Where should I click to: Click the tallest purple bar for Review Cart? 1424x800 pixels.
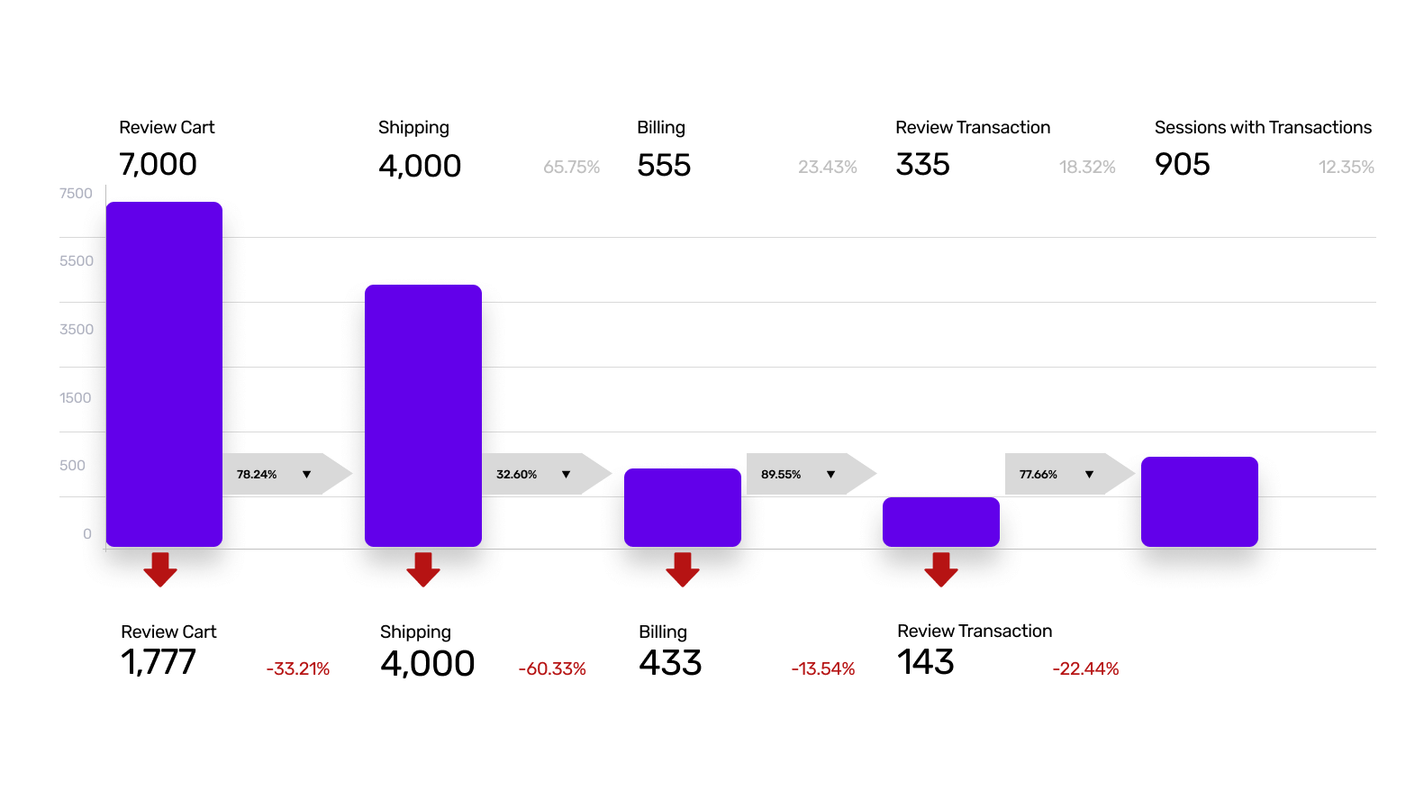pyautogui.click(x=164, y=374)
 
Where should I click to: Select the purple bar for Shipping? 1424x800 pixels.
pyautogui.click(x=423, y=415)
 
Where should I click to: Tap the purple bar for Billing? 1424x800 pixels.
pyautogui.click(x=682, y=507)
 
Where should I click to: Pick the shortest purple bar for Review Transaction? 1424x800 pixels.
pyautogui.click(x=940, y=522)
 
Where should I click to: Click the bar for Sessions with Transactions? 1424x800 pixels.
pyautogui.click(x=1199, y=502)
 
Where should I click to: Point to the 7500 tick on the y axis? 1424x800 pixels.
pyautogui.click(x=76, y=194)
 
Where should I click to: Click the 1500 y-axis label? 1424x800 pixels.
pyautogui.click(x=76, y=398)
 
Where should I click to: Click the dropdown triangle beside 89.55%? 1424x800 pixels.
pyautogui.click(x=830, y=474)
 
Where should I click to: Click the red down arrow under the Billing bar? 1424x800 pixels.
pyautogui.click(x=682, y=569)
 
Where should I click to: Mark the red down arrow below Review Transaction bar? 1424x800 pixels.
pyautogui.click(x=940, y=569)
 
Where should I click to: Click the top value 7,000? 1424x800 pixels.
pyautogui.click(x=158, y=165)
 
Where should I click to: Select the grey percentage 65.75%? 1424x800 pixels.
pyautogui.click(x=571, y=168)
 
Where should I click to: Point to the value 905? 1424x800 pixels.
pyautogui.click(x=1182, y=165)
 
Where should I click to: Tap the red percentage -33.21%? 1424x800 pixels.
pyautogui.click(x=297, y=669)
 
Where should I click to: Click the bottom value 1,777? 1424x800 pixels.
pyautogui.click(x=158, y=663)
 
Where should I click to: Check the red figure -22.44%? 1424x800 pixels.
pyautogui.click(x=1084, y=669)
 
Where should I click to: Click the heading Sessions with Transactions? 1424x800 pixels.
pyautogui.click(x=1262, y=128)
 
